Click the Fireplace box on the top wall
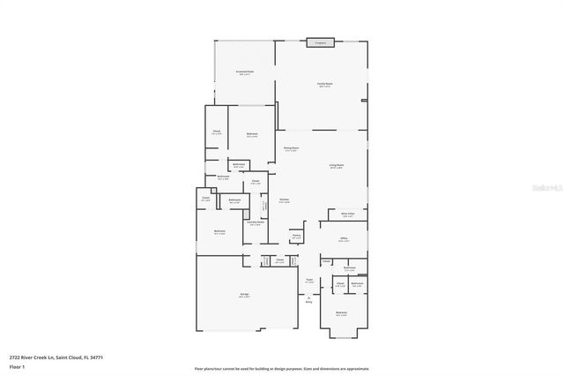(x=320, y=41)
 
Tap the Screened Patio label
(x=244, y=72)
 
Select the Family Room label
(x=325, y=85)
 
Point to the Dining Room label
(x=291, y=148)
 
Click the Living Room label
(x=336, y=165)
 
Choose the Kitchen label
(x=285, y=200)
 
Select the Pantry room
(x=297, y=237)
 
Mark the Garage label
(x=244, y=295)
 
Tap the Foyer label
(x=310, y=281)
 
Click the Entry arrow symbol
(x=310, y=298)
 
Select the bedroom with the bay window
(x=341, y=313)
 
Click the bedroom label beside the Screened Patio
(x=252, y=135)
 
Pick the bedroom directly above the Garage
(x=219, y=232)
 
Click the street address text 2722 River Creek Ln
(x=44, y=357)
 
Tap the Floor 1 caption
(x=17, y=365)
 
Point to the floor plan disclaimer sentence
(x=282, y=369)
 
